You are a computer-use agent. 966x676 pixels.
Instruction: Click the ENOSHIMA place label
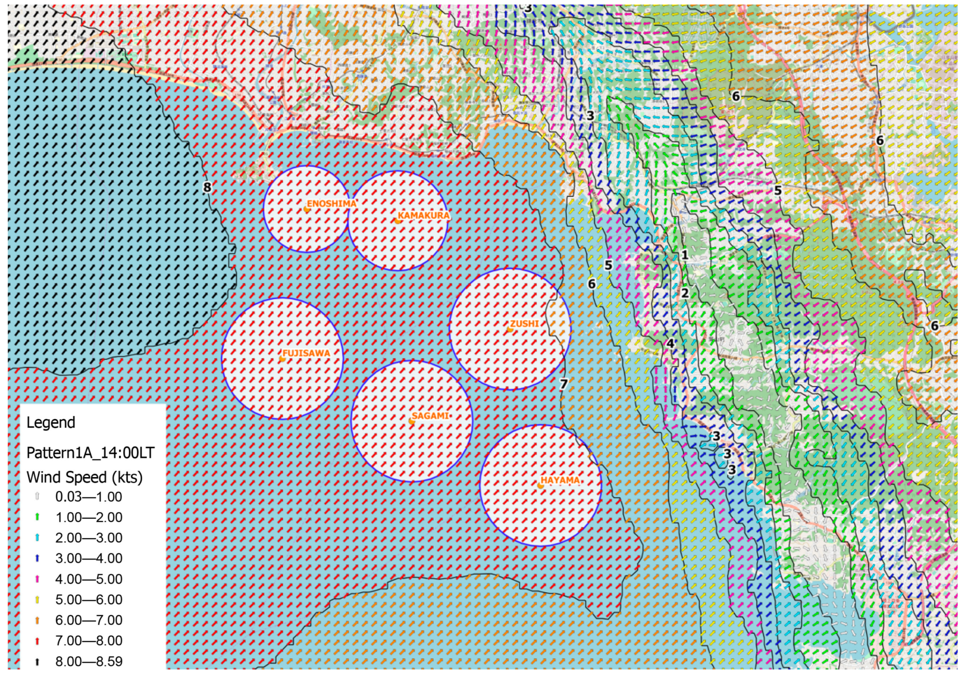click(x=331, y=204)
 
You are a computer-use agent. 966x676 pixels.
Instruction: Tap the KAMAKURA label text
click(x=424, y=216)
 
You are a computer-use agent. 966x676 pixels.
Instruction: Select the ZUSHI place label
click(x=524, y=324)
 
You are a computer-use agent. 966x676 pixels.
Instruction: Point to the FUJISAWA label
click(x=306, y=353)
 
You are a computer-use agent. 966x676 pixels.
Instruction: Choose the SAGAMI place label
click(x=430, y=416)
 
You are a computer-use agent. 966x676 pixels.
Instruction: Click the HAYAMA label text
click(x=560, y=480)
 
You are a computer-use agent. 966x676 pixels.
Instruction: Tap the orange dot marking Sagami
click(x=412, y=421)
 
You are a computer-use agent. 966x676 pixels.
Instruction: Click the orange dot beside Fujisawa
click(x=282, y=359)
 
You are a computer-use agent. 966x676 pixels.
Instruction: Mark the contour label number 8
click(x=207, y=187)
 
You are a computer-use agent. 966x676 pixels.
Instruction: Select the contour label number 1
click(x=684, y=255)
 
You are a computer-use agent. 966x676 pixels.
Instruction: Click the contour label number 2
click(x=684, y=293)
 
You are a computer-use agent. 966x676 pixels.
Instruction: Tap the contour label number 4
click(x=670, y=344)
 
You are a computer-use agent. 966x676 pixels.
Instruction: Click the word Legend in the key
click(x=51, y=423)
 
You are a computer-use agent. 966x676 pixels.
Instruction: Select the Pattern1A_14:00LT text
click(x=90, y=453)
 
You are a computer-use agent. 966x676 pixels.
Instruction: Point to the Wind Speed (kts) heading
click(x=84, y=477)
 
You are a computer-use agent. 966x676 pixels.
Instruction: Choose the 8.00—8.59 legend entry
click(x=89, y=662)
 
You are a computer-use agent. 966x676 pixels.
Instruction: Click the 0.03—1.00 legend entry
click(x=89, y=497)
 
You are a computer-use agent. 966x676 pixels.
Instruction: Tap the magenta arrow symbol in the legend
click(x=37, y=579)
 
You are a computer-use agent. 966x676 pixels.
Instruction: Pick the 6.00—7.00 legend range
click(x=89, y=620)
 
